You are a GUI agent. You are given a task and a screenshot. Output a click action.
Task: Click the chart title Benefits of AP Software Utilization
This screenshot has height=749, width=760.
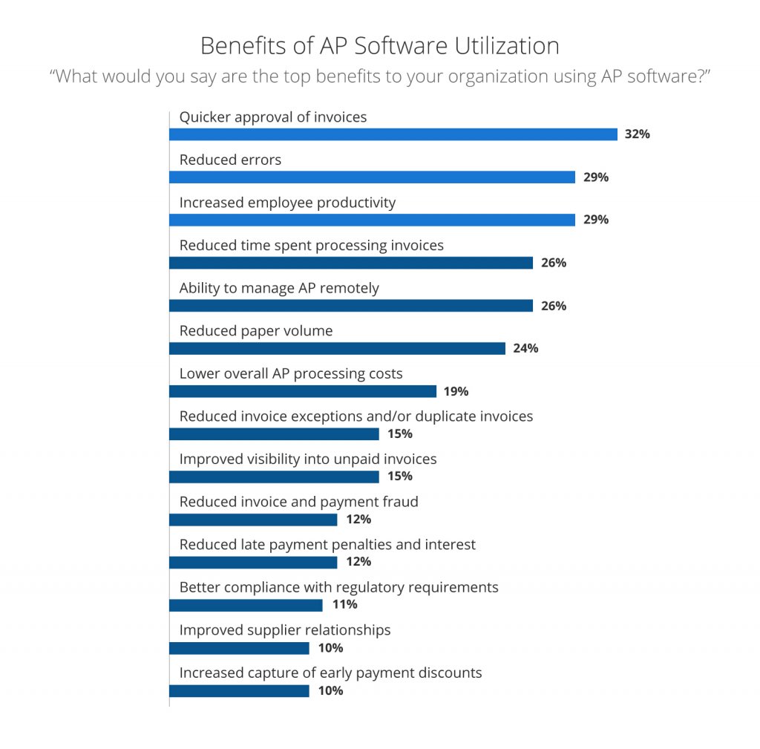(x=379, y=46)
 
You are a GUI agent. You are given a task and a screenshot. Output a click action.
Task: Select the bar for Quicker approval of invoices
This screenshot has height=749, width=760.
(x=393, y=134)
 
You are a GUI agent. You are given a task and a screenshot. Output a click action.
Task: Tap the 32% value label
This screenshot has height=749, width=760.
(x=638, y=134)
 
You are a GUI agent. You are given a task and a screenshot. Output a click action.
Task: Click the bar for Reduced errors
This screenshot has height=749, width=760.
(x=372, y=177)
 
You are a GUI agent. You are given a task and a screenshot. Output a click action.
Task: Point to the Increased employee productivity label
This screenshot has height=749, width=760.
(x=287, y=203)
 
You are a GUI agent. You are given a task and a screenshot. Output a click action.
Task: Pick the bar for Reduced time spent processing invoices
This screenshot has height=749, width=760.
(x=351, y=263)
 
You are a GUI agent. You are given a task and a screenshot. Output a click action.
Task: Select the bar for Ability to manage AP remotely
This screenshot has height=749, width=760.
(x=351, y=306)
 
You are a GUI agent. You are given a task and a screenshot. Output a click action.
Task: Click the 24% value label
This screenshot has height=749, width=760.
(x=525, y=348)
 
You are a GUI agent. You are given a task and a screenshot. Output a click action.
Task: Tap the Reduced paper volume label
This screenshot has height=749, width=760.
(x=256, y=331)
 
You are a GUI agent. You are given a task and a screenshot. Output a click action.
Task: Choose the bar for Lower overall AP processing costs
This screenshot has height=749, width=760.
(x=303, y=391)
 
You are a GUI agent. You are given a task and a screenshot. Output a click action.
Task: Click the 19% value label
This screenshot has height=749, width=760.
(x=456, y=391)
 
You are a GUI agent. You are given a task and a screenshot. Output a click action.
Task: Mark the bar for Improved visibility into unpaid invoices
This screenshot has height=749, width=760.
(x=274, y=477)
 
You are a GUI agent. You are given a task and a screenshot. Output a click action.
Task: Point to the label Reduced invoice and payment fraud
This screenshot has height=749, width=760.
(x=299, y=502)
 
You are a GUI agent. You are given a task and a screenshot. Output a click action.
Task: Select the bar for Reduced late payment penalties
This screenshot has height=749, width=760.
(x=253, y=562)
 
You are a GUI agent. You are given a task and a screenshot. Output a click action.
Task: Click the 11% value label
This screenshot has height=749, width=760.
(x=344, y=604)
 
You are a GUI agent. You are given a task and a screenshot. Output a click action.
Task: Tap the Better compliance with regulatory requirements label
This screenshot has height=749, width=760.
(x=339, y=587)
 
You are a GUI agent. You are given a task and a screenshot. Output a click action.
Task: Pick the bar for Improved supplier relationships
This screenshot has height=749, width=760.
(x=239, y=648)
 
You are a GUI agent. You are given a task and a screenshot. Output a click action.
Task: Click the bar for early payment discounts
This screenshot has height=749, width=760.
(x=239, y=691)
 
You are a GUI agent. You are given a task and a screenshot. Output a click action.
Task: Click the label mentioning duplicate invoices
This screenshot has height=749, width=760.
(x=356, y=416)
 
